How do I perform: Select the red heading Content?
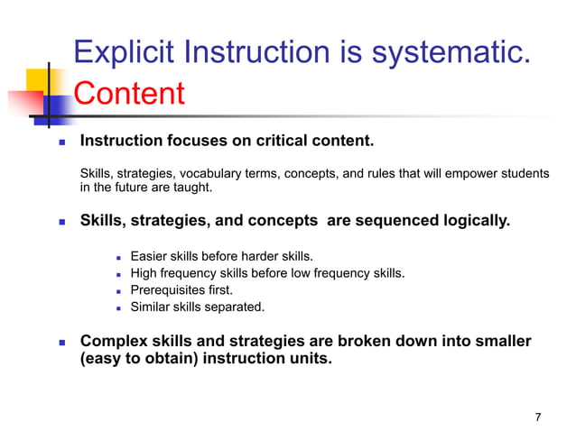point(128,93)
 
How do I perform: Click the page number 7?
point(538,417)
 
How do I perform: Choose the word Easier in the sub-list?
point(150,256)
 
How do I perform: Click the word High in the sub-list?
point(145,273)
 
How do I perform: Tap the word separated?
point(236,307)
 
